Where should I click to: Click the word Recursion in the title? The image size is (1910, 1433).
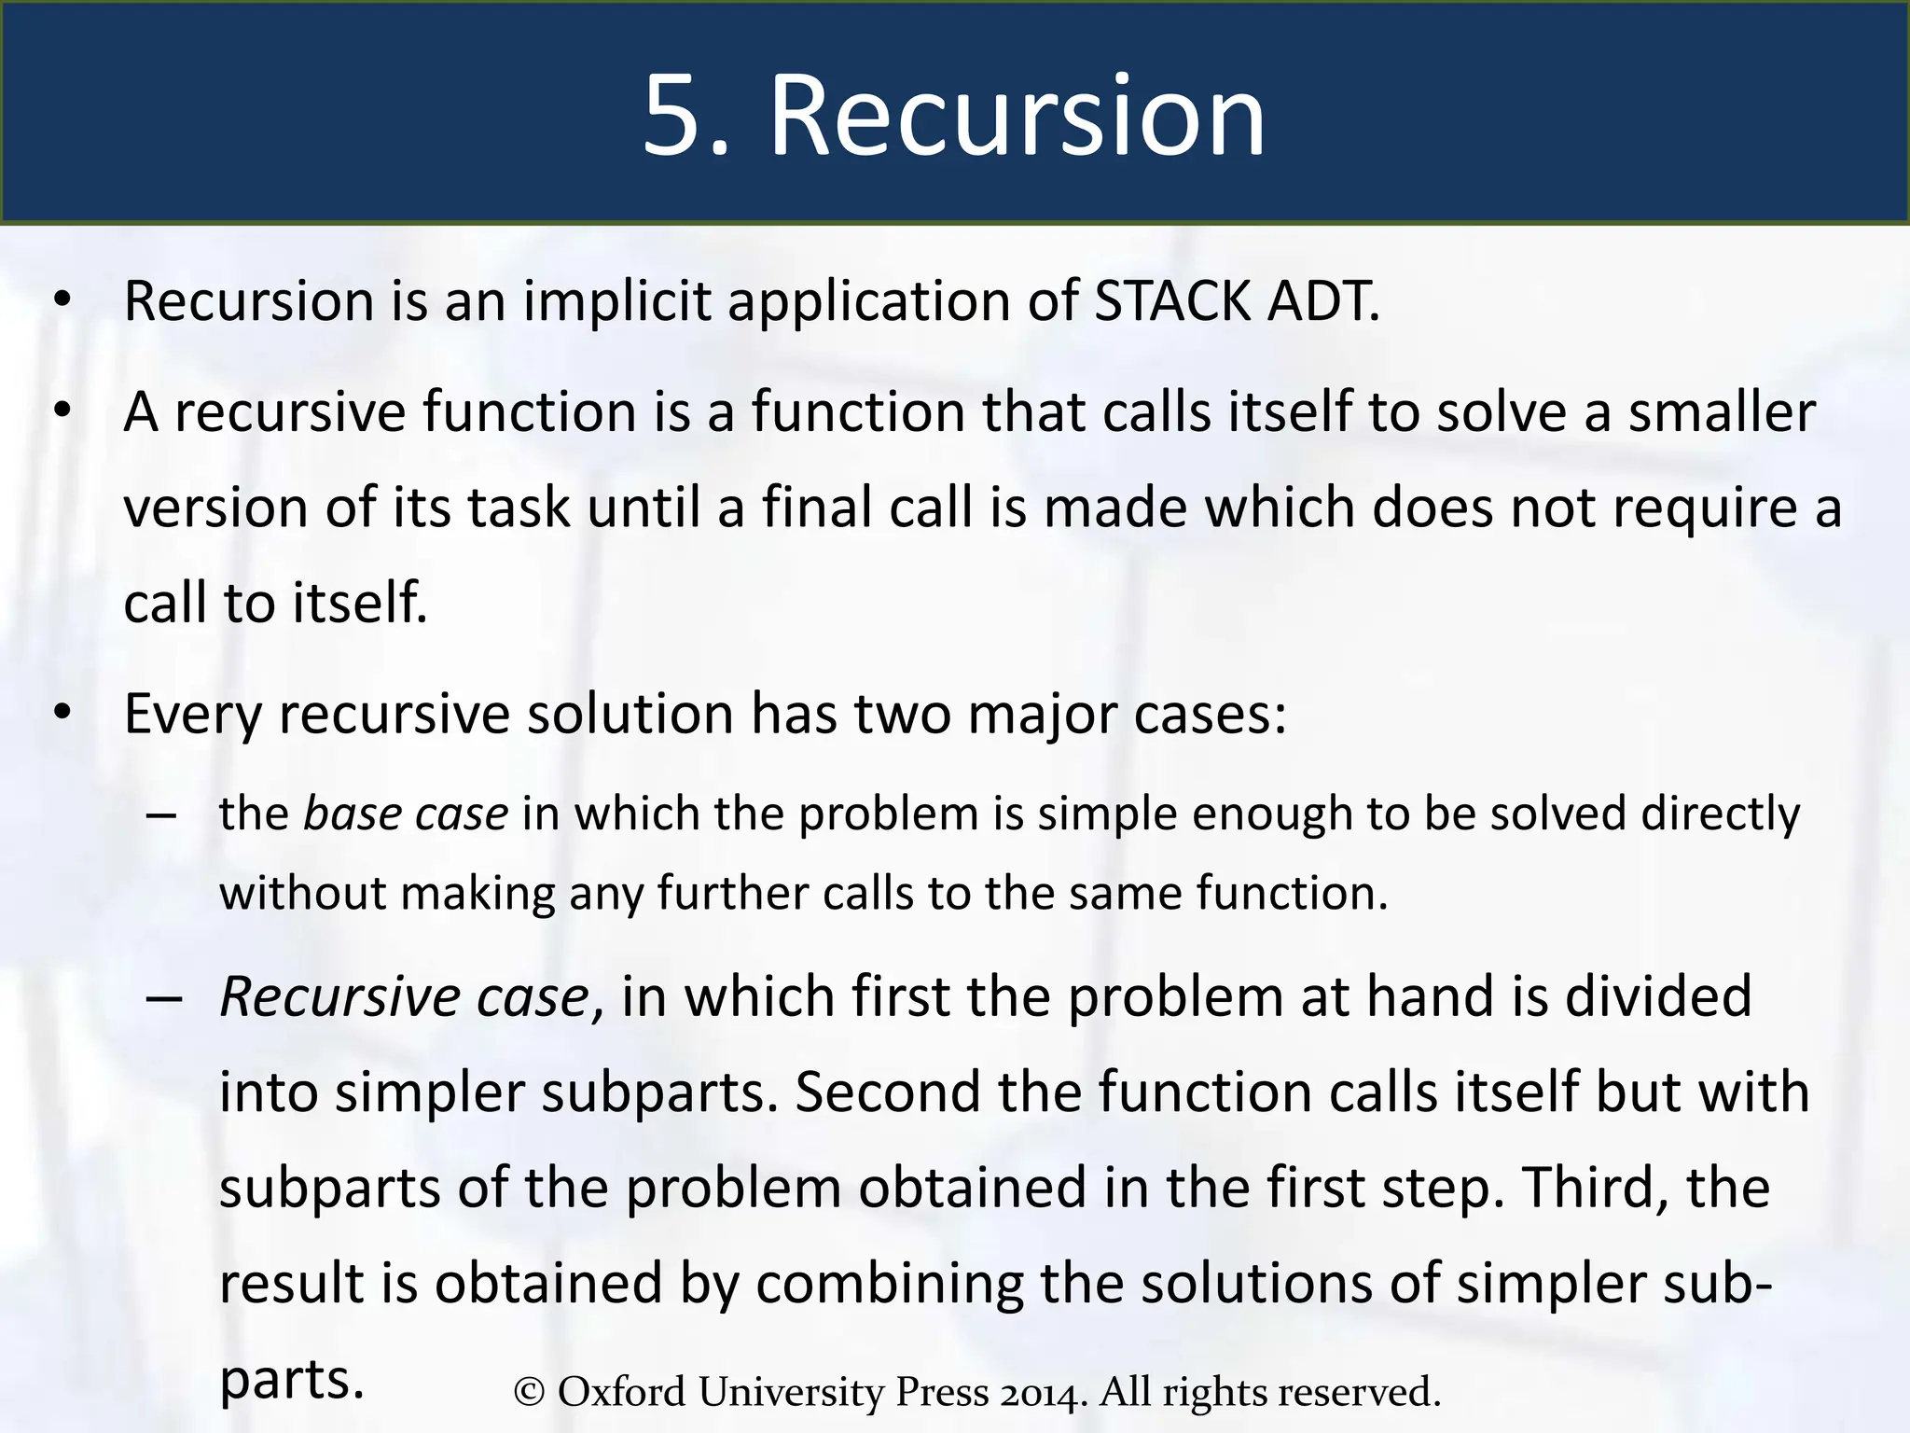[x=1017, y=117]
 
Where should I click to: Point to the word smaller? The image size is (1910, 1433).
[x=1722, y=411]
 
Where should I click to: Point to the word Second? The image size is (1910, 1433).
[x=887, y=1092]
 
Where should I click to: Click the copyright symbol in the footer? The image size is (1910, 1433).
[x=529, y=1393]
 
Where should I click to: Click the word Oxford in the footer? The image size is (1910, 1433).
[x=622, y=1391]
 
